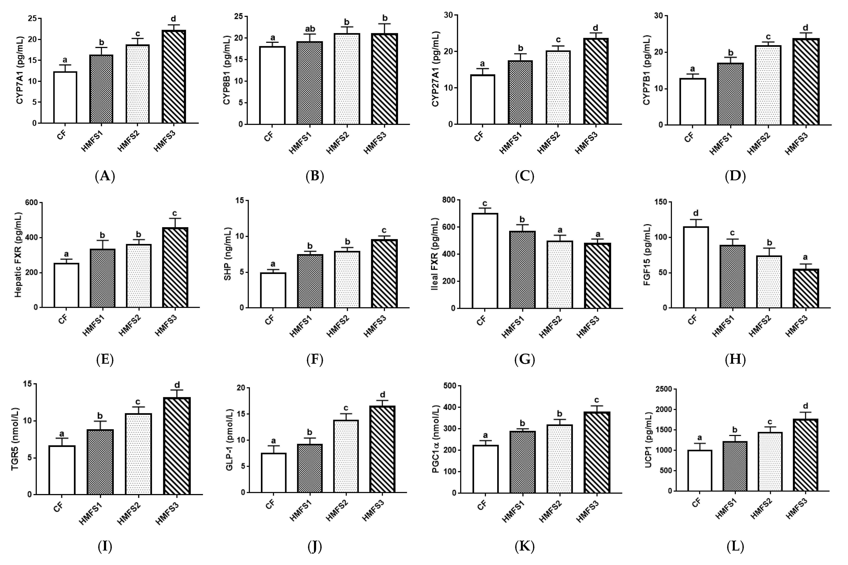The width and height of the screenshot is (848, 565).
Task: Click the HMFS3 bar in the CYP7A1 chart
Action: (174, 77)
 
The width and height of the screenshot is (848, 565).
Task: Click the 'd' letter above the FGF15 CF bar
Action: (696, 213)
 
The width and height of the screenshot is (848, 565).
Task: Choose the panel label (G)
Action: (525, 360)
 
